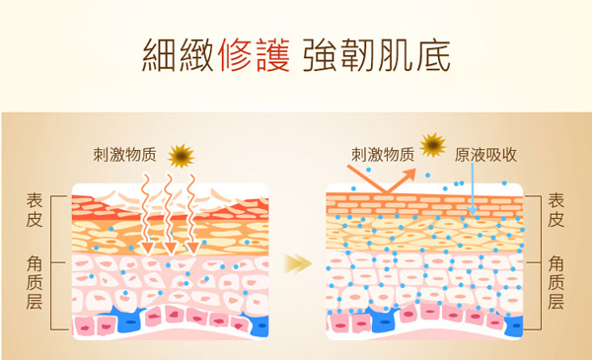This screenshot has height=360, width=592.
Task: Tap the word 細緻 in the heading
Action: tap(179, 54)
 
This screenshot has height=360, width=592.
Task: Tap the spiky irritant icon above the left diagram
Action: tap(181, 155)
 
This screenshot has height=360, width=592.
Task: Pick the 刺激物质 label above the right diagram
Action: tap(383, 155)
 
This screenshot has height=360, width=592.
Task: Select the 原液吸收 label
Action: tap(486, 155)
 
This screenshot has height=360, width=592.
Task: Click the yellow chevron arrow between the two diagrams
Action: tap(296, 263)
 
